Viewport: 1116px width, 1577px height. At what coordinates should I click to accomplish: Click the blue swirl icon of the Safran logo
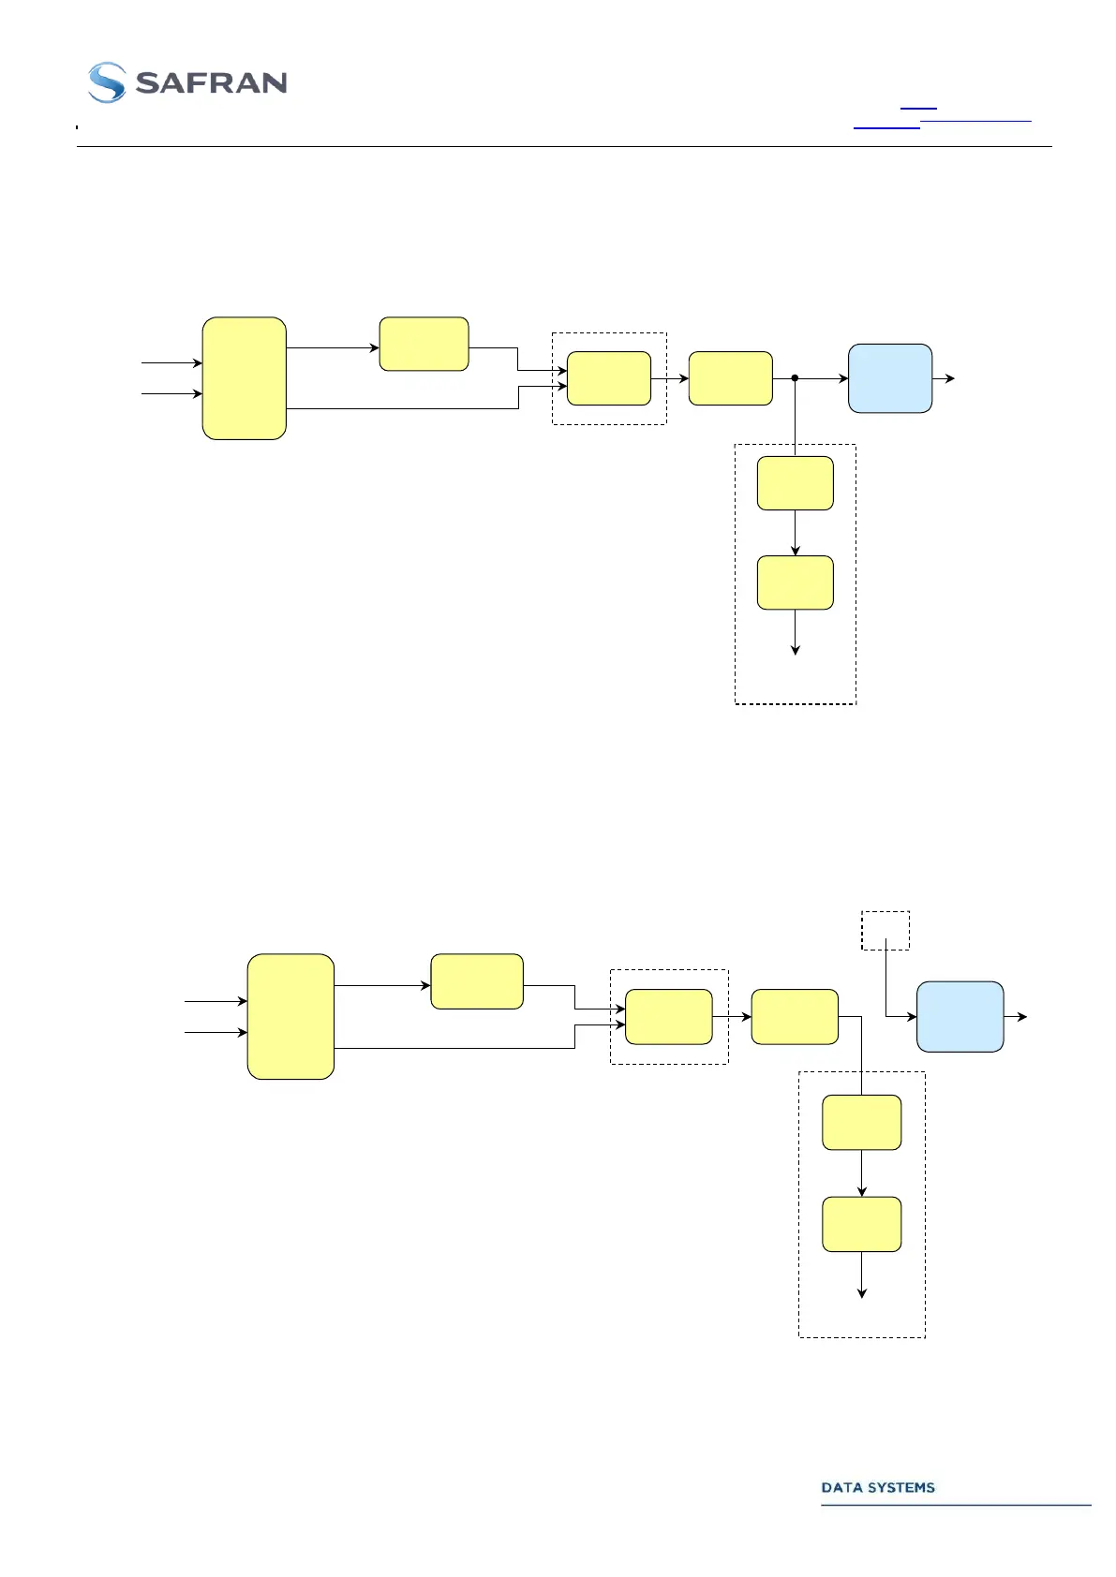[107, 82]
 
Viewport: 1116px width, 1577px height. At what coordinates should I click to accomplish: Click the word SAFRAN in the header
[211, 83]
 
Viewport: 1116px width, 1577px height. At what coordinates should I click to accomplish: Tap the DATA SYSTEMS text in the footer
[878, 1487]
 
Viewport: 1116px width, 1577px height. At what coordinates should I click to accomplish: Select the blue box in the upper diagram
[889, 378]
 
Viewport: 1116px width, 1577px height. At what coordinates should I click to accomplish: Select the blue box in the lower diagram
[960, 1016]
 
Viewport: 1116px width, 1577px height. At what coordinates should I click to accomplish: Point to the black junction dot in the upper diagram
[795, 378]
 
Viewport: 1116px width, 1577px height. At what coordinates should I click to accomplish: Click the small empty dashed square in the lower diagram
[885, 930]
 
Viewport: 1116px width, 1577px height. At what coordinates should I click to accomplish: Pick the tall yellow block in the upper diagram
[244, 378]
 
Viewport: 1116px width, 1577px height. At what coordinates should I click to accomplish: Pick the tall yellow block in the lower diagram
[290, 1016]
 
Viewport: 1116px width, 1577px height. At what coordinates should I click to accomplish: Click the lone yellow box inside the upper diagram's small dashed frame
[609, 378]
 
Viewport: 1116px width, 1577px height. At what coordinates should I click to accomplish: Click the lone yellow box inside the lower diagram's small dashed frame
[668, 1016]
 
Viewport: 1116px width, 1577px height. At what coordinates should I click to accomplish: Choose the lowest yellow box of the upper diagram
[795, 582]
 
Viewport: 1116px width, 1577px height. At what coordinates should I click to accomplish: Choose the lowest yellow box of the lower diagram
[861, 1224]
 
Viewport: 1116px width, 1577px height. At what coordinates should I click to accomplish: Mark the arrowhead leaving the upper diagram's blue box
[950, 378]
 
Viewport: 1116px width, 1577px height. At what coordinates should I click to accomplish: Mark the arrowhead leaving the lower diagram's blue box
[1022, 1016]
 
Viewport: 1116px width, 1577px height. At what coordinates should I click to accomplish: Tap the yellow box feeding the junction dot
[730, 378]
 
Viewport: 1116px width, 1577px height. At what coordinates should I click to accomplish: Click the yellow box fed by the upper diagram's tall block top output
[424, 344]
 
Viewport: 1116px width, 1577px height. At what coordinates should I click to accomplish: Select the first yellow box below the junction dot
[795, 483]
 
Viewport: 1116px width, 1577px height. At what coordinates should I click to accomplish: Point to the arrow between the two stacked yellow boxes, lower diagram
[861, 1174]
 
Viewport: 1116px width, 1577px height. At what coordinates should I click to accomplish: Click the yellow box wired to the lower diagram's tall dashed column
[795, 1016]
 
